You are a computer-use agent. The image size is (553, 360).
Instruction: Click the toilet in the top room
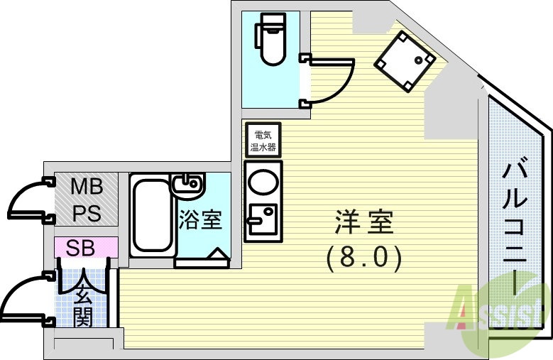click(270, 40)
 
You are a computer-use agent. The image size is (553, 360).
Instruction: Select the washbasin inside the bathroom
click(187, 186)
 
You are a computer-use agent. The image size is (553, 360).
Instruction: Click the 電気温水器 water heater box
click(262, 140)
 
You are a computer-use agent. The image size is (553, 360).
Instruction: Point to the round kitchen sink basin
click(262, 182)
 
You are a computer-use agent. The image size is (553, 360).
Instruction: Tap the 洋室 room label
click(364, 222)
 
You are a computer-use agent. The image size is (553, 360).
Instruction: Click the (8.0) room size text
click(364, 257)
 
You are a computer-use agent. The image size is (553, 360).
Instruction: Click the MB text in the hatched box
click(86, 187)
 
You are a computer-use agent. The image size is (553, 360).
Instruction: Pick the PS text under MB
click(86, 213)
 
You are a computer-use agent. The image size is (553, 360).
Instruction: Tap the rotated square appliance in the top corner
click(404, 62)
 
